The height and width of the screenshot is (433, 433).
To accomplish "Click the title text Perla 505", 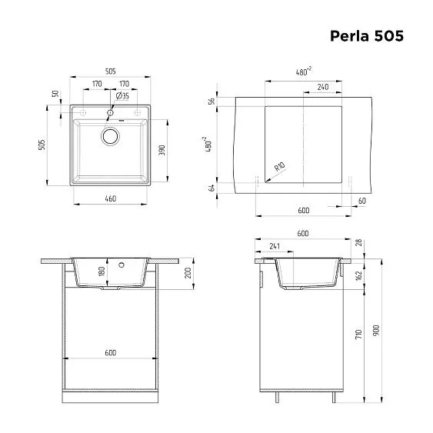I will pos(365,35).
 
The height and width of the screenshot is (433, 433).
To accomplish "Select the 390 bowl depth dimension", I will pos(162,151).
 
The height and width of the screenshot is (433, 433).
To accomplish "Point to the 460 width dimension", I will pos(110,199).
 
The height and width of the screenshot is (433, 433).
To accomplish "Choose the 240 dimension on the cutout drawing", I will pos(323,86).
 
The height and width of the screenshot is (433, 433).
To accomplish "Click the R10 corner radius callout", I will pos(278,166).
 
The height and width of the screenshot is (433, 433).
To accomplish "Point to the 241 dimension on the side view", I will pos(275,247).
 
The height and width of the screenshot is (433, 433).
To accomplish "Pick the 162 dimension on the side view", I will pos(358,275).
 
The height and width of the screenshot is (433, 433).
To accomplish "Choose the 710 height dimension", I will pos(358,334).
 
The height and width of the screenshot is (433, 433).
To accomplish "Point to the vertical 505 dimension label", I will pos(44,144).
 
